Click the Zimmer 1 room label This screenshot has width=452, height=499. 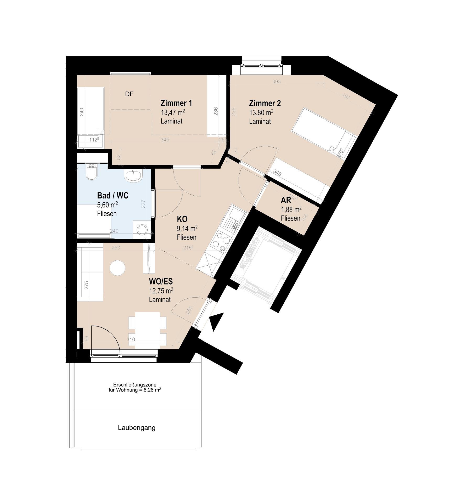(176, 103)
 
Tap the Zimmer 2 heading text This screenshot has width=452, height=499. (265, 103)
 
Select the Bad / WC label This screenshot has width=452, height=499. (113, 196)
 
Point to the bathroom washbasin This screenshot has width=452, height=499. (133, 175)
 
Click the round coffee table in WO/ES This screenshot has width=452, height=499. (117, 268)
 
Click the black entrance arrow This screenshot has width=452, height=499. (217, 321)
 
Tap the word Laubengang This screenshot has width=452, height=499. (137, 428)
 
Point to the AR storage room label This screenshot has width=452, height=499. (286, 200)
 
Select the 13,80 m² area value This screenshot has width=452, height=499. (261, 113)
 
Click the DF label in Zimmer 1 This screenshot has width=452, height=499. (129, 94)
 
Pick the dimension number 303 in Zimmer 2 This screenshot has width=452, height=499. (276, 82)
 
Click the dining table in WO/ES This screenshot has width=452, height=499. (147, 330)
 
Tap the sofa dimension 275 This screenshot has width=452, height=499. (87, 285)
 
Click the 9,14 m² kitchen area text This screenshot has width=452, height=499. (187, 229)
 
